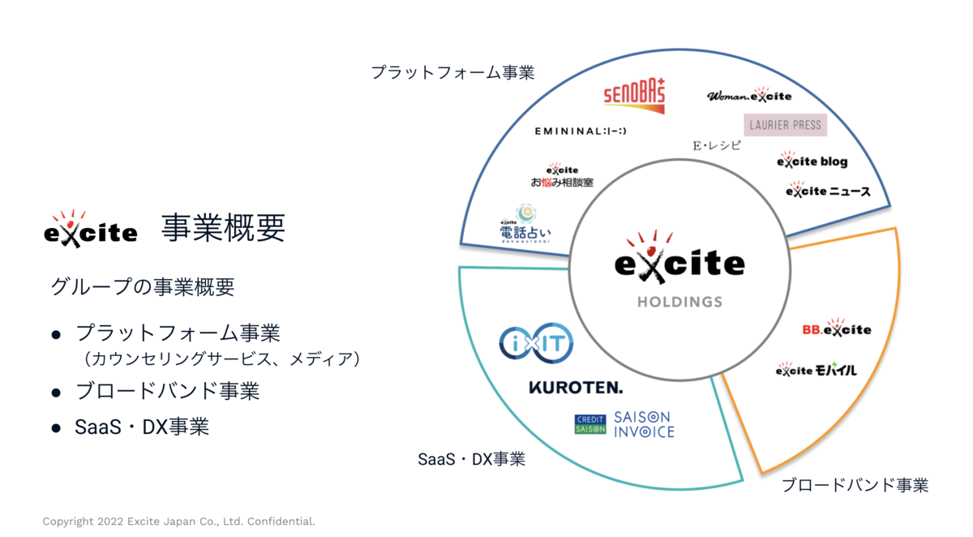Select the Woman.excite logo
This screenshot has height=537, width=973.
click(x=749, y=96)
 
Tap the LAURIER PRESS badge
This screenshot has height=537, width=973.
click(x=785, y=125)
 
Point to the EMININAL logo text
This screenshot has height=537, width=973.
click(x=581, y=131)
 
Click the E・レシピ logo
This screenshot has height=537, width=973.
click(x=716, y=146)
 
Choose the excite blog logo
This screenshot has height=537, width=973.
click(x=812, y=161)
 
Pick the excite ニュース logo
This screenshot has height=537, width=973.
click(x=828, y=191)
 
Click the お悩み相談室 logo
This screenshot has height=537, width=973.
click(x=562, y=177)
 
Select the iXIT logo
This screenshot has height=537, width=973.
click(x=536, y=344)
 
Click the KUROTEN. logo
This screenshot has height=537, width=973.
click(x=576, y=388)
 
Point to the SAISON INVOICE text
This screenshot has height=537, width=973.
click(x=644, y=423)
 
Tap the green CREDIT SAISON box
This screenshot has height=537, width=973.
click(x=589, y=424)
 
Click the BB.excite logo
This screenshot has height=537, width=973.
click(x=836, y=329)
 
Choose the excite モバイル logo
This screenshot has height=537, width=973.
click(x=816, y=370)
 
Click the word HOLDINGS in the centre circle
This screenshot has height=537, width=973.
click(x=679, y=302)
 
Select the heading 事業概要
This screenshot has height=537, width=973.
click(x=223, y=229)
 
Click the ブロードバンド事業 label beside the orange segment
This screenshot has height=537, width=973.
click(x=855, y=486)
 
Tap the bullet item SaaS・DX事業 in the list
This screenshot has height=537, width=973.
click(x=142, y=427)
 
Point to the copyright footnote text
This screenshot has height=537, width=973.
click(x=178, y=522)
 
